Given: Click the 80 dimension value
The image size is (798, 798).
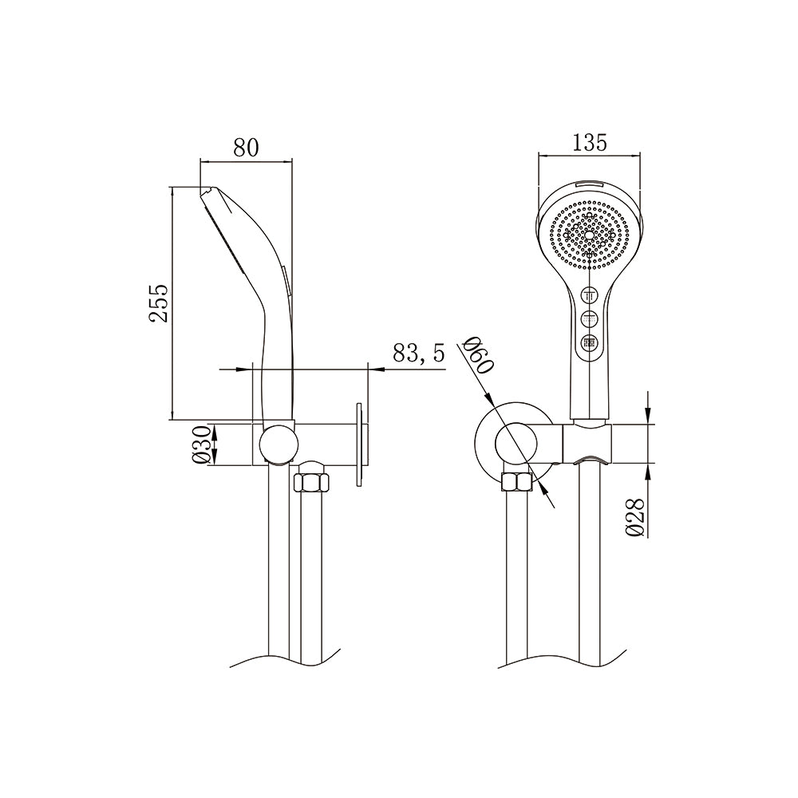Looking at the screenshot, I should [246, 147].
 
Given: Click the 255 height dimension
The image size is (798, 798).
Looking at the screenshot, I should [160, 302].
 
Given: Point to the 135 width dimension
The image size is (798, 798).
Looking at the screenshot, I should [590, 142].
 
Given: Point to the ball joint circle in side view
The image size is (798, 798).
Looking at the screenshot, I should [278, 444].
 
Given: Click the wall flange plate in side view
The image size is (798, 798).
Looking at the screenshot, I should [361, 443].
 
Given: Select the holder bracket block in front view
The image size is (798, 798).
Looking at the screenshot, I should [589, 443].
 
